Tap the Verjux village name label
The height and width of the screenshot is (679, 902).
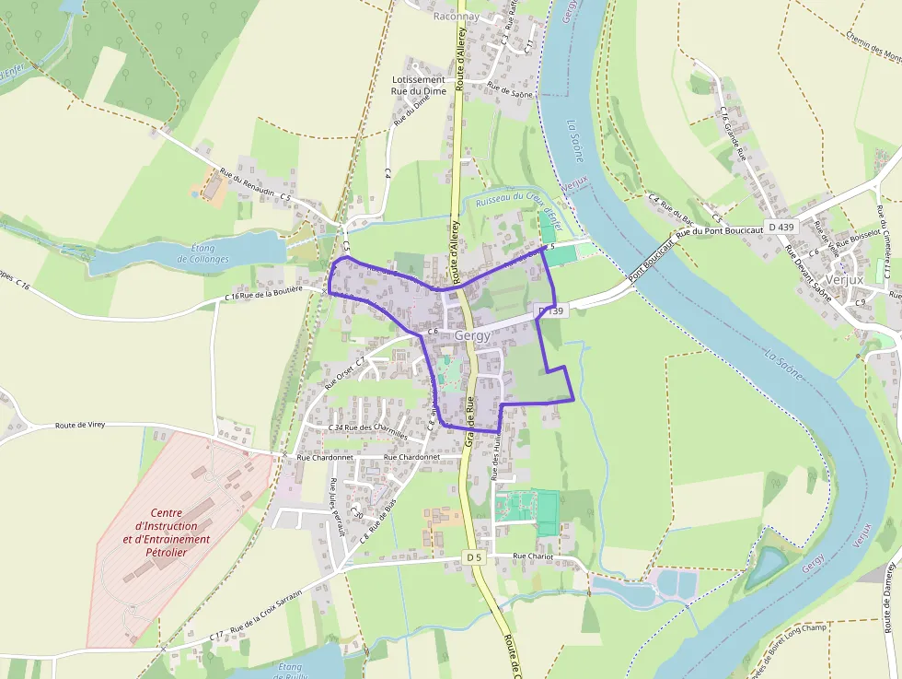click(844, 279)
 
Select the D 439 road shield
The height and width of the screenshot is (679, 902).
click(780, 227)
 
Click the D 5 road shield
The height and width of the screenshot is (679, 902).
click(473, 557)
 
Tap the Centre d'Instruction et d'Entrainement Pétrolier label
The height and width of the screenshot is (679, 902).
click(166, 533)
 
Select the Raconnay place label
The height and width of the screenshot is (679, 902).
click(458, 17)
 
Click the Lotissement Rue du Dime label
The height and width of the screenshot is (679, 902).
click(418, 85)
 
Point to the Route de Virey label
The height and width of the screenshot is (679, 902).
click(80, 426)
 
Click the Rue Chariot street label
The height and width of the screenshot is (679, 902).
click(534, 556)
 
